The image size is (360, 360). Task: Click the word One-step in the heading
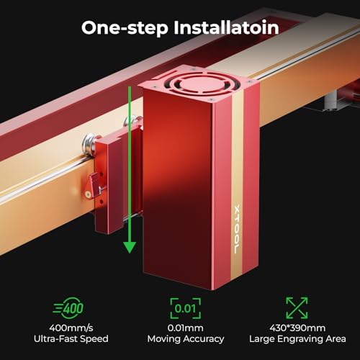[x=125, y=28]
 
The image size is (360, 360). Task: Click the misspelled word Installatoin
[x=226, y=27]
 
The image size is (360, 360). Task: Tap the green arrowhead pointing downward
[x=130, y=247]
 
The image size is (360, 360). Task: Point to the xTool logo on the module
[x=237, y=229]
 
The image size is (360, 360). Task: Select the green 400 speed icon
[x=68, y=308]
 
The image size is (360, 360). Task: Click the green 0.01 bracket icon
[x=185, y=308]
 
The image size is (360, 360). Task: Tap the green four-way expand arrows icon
[x=297, y=308]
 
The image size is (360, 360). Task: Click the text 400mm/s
[x=71, y=328]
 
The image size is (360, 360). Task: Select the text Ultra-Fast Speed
[x=71, y=339]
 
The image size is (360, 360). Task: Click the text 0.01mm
[x=185, y=328]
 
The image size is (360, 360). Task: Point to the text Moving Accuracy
[x=186, y=339]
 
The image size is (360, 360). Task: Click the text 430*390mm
[x=297, y=328]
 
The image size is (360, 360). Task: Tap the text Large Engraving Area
[x=297, y=339]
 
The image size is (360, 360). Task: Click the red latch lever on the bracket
[x=92, y=186]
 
